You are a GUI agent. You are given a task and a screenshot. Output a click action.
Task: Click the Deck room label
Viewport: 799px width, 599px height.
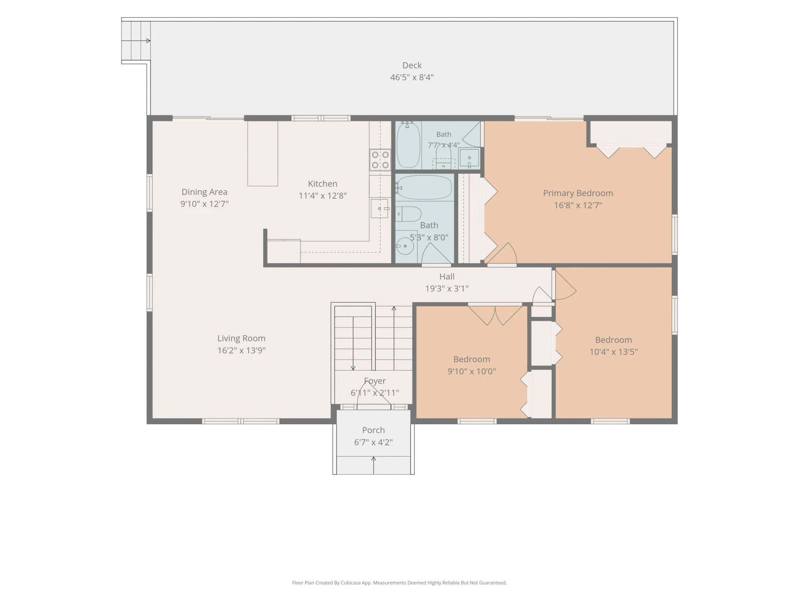[412, 65]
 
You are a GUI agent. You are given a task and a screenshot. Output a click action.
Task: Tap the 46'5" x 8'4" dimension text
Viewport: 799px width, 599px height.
[412, 77]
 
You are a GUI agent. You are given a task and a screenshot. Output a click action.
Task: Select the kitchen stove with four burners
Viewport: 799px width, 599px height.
[380, 160]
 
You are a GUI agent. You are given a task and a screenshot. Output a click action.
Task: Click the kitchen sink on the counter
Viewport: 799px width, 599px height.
[380, 208]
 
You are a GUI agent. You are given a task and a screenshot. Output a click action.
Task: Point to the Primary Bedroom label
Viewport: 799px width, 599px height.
[578, 193]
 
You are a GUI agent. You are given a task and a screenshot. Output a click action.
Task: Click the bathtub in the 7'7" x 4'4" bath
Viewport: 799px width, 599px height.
[408, 145]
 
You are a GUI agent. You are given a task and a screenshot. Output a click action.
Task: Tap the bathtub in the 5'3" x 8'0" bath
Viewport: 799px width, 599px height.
[424, 188]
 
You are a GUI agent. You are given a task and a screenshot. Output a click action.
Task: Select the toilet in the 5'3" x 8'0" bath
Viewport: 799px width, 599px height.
[408, 214]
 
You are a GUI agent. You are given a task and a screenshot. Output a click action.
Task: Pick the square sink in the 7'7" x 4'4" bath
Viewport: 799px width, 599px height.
[469, 158]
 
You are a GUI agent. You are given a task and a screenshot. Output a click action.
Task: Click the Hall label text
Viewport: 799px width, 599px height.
[447, 277]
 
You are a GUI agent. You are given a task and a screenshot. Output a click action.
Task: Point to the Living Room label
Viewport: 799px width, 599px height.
[241, 339]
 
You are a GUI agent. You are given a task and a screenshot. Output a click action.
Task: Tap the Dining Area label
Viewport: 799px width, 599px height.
[204, 192]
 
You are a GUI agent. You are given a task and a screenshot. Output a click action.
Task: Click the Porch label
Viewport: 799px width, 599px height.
[373, 430]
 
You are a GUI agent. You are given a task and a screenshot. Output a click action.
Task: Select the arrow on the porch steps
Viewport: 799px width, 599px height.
[374, 465]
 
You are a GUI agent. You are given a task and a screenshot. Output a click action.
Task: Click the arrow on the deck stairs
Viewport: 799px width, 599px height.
[141, 41]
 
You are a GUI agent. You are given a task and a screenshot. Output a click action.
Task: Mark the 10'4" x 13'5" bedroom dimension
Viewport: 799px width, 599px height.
[613, 352]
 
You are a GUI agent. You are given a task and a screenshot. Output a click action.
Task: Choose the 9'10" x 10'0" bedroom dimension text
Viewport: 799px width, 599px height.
[471, 371]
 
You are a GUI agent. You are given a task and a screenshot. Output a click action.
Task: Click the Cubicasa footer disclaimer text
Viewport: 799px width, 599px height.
[399, 583]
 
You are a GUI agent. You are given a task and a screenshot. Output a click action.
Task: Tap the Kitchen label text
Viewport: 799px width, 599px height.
[323, 184]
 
